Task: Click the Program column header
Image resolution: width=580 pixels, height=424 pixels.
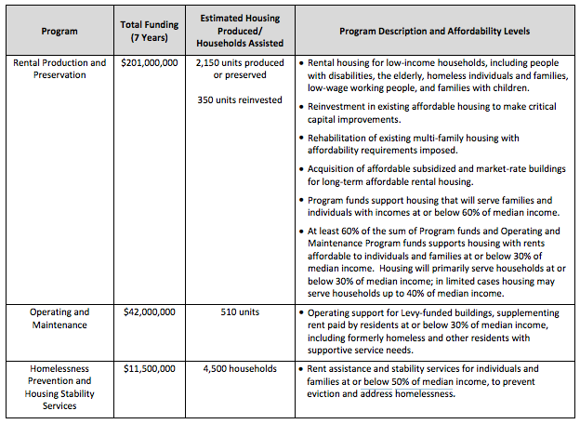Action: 59,31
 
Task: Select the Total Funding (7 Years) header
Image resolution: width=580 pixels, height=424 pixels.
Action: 149,31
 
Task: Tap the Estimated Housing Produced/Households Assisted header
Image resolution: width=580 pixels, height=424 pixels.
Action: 241,31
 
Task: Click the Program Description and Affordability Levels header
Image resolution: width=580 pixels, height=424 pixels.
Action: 434,31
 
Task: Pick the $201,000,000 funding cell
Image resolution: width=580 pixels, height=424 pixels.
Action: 149,63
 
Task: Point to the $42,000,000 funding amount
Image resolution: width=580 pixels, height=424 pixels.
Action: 149,312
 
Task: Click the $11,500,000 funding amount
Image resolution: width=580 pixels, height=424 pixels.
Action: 149,368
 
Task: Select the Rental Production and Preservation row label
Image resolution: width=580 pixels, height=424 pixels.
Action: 59,69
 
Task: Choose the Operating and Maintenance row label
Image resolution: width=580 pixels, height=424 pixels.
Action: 59,318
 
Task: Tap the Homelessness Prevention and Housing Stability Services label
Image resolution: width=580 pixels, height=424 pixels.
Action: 59,387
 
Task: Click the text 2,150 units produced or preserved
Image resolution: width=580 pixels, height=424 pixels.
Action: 241,69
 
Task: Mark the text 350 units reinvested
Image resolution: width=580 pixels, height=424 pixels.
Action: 241,99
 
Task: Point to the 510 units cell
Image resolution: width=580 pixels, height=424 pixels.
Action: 241,312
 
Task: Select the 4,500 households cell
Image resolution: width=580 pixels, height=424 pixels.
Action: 241,368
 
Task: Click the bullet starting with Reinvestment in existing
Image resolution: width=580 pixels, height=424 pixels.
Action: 432,113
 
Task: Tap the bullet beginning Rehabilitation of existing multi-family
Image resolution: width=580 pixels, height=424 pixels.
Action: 432,143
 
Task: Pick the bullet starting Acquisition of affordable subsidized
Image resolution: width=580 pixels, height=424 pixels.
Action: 432,174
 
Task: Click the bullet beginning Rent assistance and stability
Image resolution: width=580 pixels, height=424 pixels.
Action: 432,380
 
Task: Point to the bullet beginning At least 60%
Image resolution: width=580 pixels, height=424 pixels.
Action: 432,262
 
